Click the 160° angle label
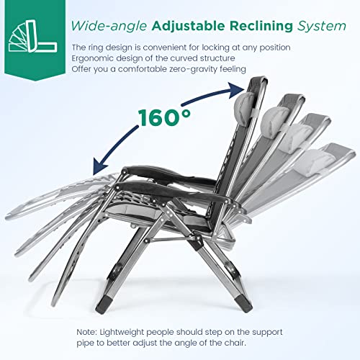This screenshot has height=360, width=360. (x=164, y=117)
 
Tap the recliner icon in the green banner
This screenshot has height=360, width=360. (x=33, y=36)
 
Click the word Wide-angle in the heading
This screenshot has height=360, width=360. (x=109, y=26)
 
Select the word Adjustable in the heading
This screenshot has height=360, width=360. (x=189, y=26)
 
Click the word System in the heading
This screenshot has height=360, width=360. (x=322, y=27)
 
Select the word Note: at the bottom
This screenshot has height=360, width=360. (x=86, y=332)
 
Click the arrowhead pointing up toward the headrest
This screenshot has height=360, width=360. (x=236, y=90)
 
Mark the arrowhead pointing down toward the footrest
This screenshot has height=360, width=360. (x=100, y=166)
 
